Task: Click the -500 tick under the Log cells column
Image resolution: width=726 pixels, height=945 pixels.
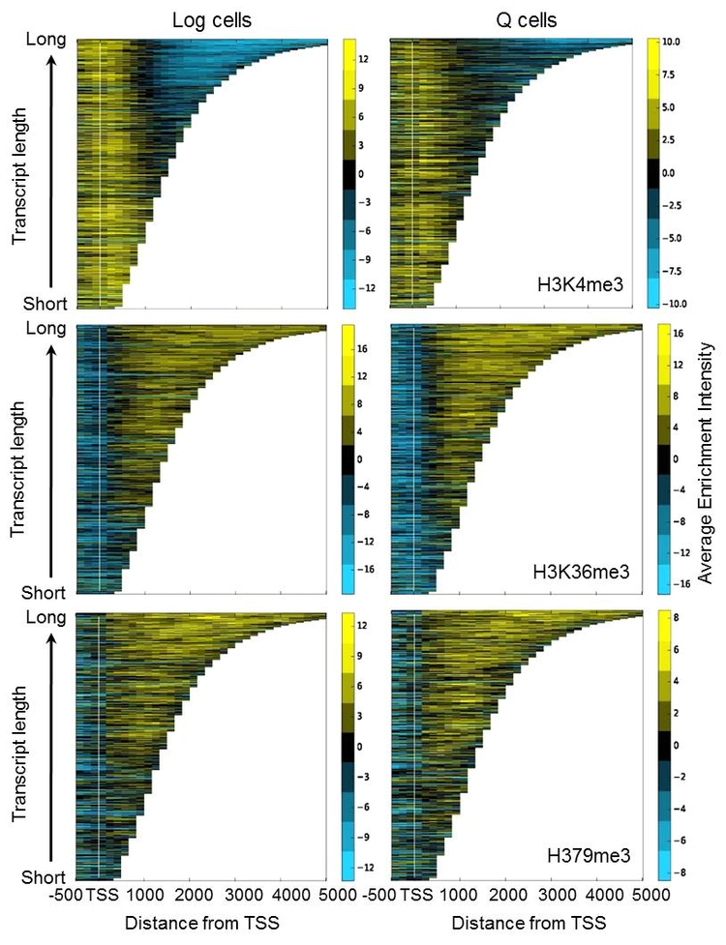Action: [68, 895]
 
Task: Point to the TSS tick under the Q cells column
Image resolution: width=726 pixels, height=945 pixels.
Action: [415, 895]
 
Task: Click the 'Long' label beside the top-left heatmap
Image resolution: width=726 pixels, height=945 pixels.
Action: [47, 41]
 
